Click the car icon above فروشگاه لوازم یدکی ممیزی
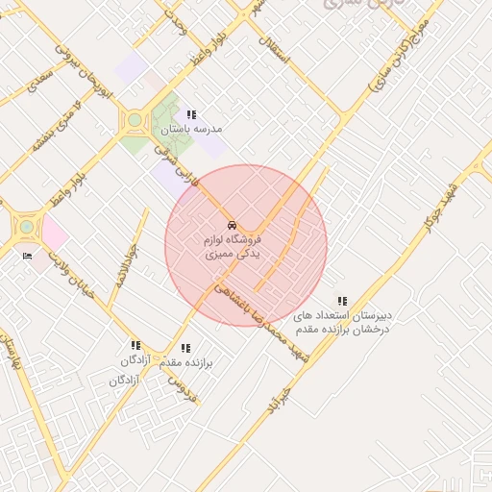point(229,225)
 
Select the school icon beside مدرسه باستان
point(191,114)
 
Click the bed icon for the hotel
point(26,256)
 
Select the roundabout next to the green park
point(133,122)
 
